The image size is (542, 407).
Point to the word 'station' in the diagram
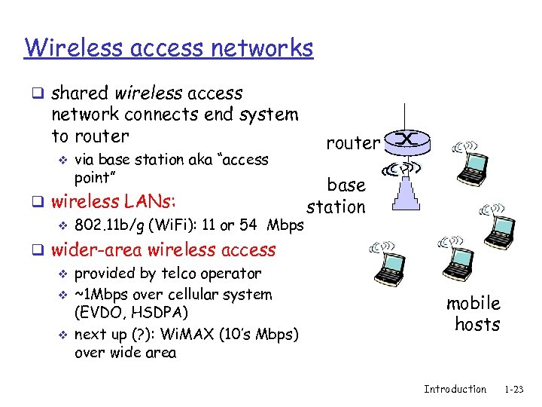tap(336, 206)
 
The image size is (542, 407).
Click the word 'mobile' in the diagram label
tap(473, 303)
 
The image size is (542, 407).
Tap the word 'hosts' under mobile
tap(477, 324)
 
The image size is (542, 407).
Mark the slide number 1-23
tap(514, 389)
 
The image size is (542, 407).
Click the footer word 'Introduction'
tap(455, 389)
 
